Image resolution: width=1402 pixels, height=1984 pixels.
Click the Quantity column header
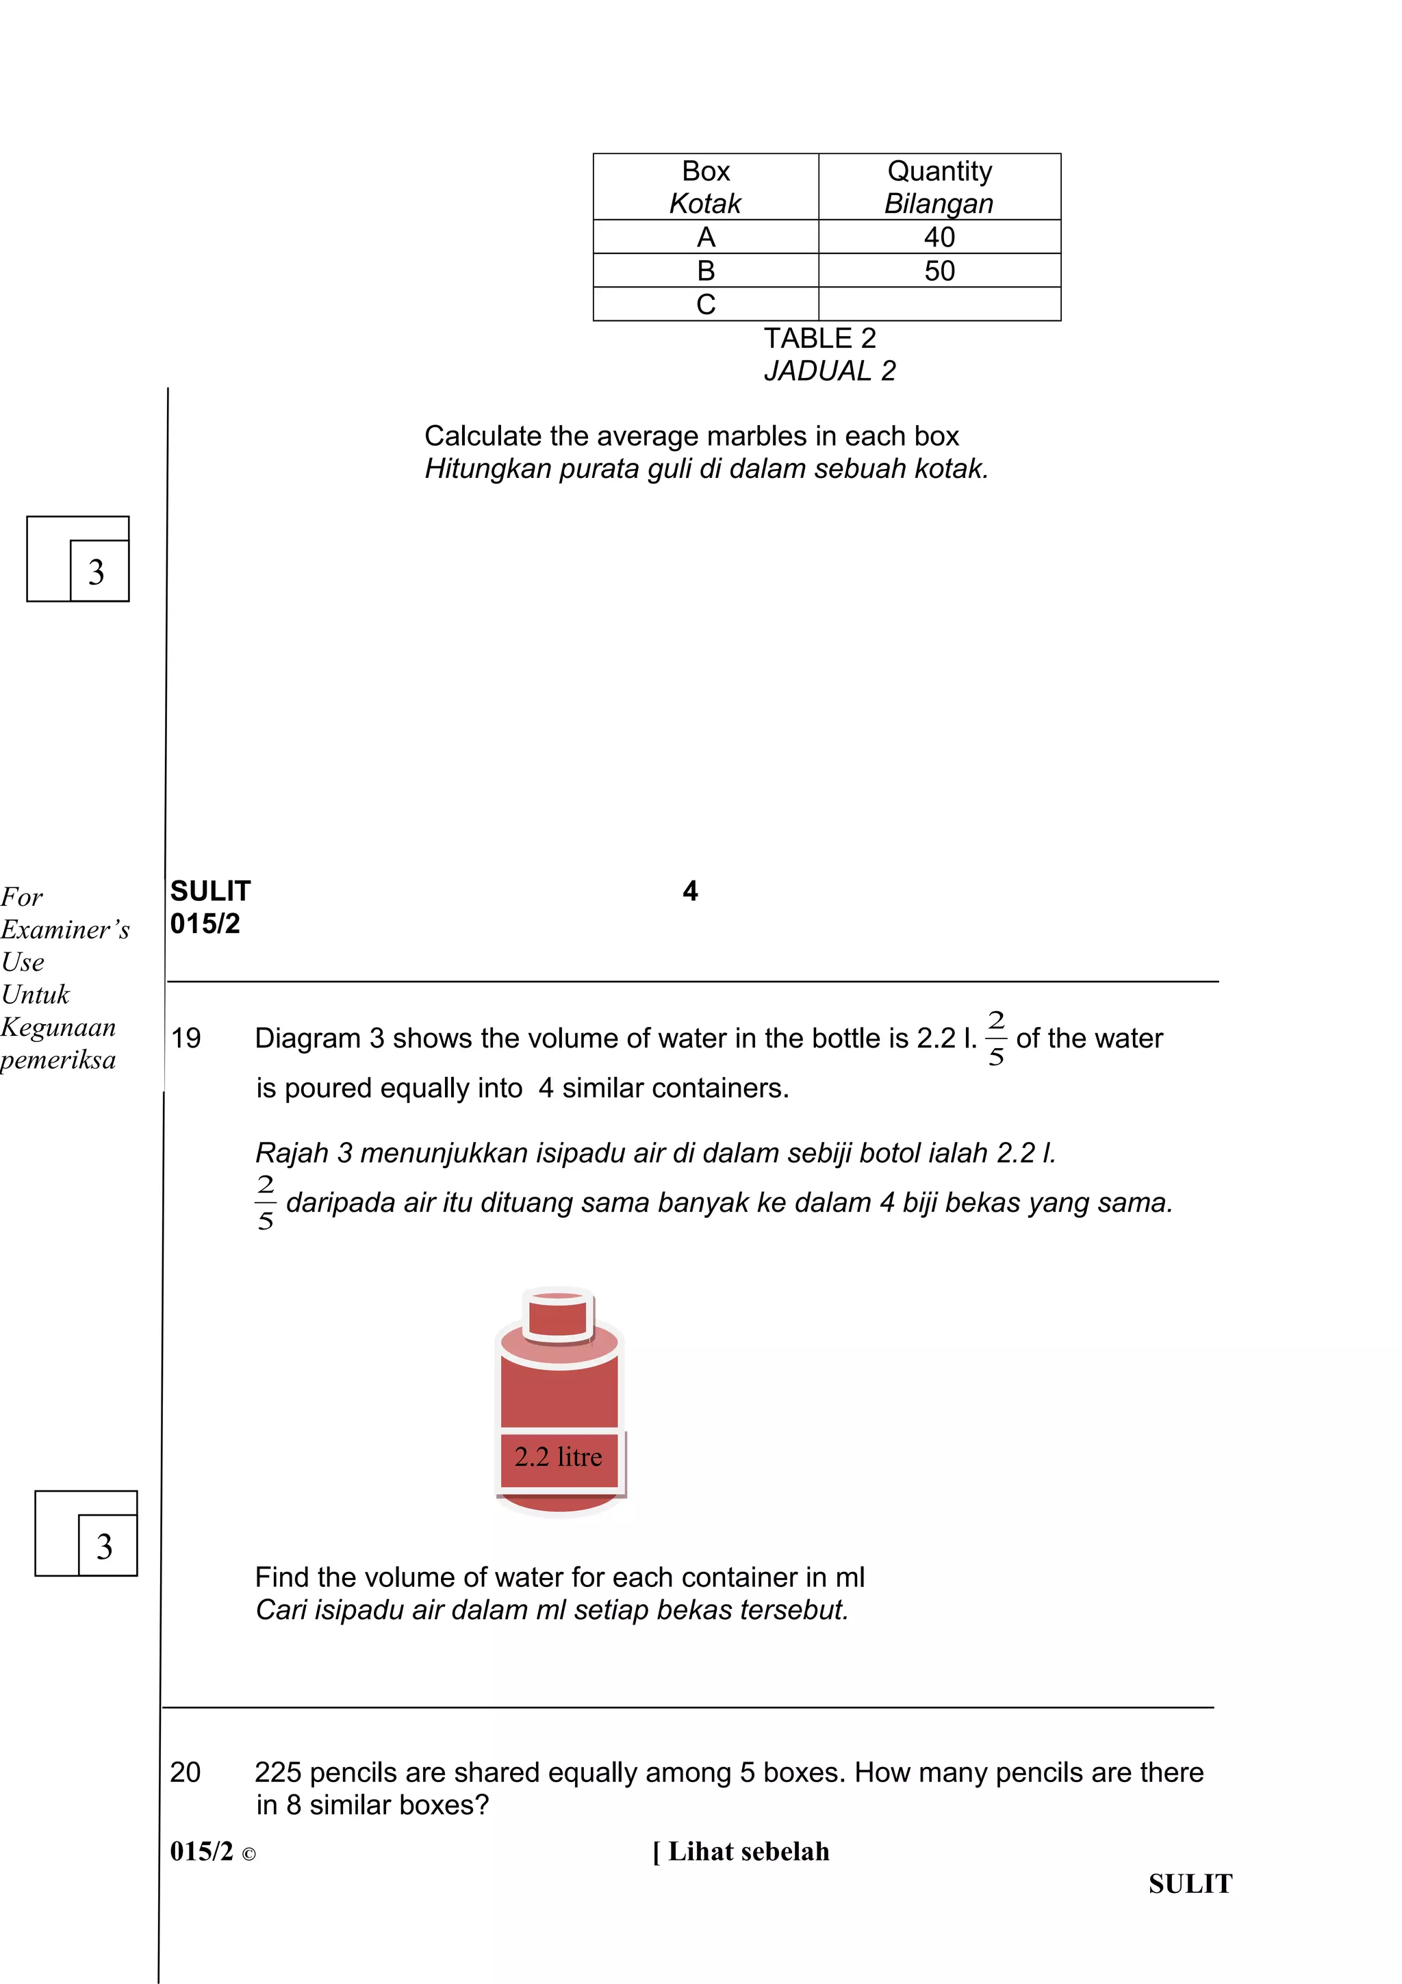tap(939, 171)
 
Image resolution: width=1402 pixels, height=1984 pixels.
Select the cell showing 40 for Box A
tap(939, 237)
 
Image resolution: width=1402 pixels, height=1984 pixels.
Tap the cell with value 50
tap(939, 270)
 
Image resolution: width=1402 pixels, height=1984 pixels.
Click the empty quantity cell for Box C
tap(939, 304)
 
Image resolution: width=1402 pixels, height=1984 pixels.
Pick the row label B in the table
tap(706, 270)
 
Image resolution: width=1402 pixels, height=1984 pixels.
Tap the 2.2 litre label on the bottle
tap(558, 1457)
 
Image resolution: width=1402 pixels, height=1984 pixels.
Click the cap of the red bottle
tap(558, 1314)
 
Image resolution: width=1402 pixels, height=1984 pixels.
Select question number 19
tap(186, 1038)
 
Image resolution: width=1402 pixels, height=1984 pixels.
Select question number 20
tap(185, 1772)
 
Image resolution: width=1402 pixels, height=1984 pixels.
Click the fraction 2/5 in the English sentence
tap(995, 1039)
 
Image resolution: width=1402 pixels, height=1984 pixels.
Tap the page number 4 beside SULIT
tap(689, 891)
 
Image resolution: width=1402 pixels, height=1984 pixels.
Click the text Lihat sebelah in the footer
tap(748, 1851)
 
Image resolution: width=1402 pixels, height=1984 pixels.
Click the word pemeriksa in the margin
tap(58, 1060)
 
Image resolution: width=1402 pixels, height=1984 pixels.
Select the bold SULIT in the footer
tap(1190, 1884)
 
